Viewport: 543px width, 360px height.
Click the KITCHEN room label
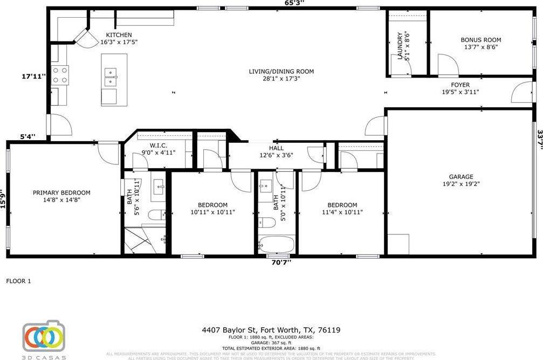(x=119, y=35)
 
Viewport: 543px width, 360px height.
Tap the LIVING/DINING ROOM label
(x=281, y=72)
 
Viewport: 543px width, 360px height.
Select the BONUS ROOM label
(x=480, y=40)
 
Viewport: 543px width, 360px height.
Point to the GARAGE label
(x=461, y=177)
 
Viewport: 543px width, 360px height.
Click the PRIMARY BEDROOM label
(x=61, y=193)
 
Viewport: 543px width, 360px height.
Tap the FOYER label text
(x=460, y=85)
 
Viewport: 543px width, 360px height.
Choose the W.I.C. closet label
(x=158, y=146)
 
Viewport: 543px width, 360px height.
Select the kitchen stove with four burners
(x=60, y=74)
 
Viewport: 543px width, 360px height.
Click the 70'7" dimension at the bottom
(x=280, y=262)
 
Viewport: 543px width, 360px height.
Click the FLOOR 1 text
(x=19, y=281)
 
